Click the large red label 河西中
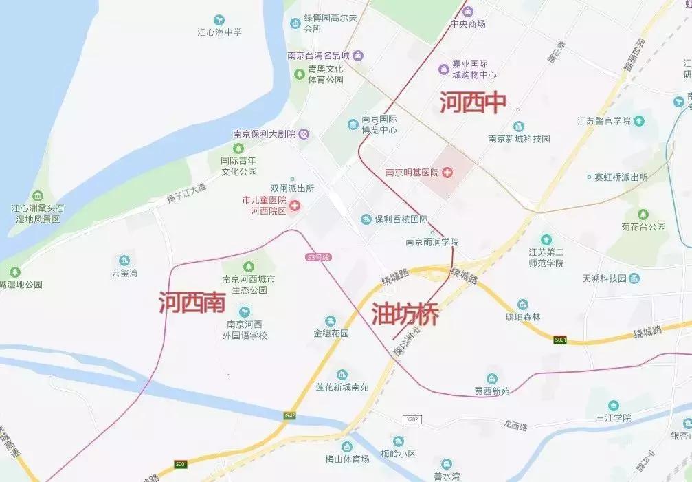pyautogui.click(x=473, y=102)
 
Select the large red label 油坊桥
pyautogui.click(x=405, y=314)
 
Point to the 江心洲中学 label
pyautogui.click(x=220, y=32)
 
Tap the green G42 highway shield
pyautogui.click(x=289, y=416)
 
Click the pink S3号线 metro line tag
pyautogui.click(x=318, y=257)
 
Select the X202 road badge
pyautogui.click(x=412, y=419)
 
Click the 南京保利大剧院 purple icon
pyautogui.click(x=304, y=134)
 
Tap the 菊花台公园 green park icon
pyautogui.click(x=643, y=215)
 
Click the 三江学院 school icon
pyautogui.click(x=613, y=406)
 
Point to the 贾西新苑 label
pyautogui.click(x=492, y=391)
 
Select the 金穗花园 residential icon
pyautogui.click(x=331, y=321)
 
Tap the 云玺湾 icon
pyautogui.click(x=124, y=261)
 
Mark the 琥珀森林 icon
pyautogui.click(x=523, y=305)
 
